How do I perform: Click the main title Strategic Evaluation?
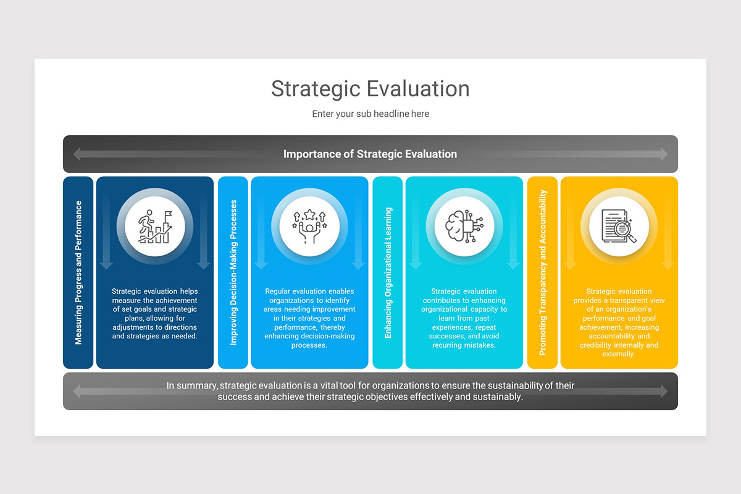coord(370,88)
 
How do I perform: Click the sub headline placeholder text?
coord(370,114)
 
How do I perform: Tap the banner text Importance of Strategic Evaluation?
coord(370,154)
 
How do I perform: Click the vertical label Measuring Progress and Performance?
coord(78,272)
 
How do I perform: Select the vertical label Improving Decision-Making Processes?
coord(233,272)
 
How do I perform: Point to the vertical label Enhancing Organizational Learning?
coord(388,272)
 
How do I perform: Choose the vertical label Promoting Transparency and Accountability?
coord(543,272)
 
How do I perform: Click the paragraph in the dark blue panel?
coord(155,314)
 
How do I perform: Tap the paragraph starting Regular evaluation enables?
coord(309,318)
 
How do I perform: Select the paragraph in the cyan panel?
coord(464,318)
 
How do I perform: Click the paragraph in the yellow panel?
coord(619,322)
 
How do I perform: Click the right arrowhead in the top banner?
coord(664,154)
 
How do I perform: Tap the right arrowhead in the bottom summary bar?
coord(664,391)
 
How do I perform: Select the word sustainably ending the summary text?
coord(497,397)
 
